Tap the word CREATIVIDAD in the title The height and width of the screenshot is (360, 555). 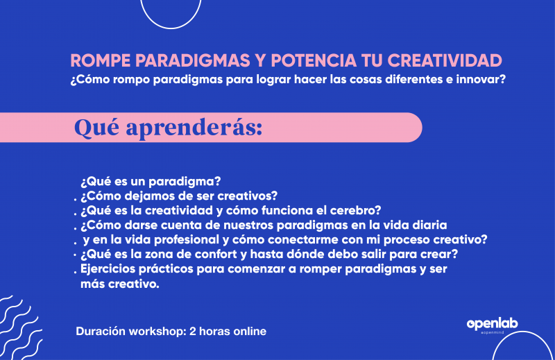[x=445, y=61]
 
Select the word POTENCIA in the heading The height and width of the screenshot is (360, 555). [x=314, y=61]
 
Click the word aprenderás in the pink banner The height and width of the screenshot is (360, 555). [x=194, y=128]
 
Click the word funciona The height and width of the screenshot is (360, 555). [x=287, y=211]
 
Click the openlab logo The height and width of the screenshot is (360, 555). [x=493, y=325]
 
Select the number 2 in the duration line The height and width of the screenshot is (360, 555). [x=193, y=332]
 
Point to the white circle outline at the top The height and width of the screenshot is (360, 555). [x=171, y=28]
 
